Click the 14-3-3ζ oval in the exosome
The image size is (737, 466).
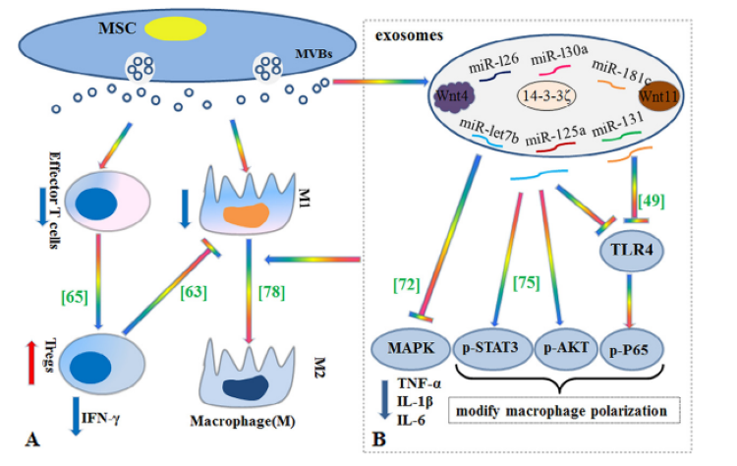click(x=548, y=98)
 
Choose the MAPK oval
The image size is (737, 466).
click(x=404, y=346)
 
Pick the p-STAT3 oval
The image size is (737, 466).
click(x=489, y=346)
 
